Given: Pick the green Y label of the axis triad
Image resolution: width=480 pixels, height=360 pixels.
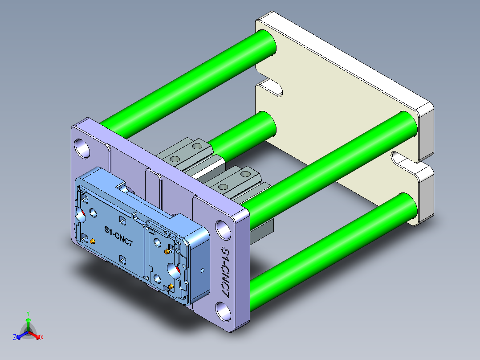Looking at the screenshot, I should [28, 313].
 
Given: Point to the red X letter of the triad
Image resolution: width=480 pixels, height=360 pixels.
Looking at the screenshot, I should [42, 338].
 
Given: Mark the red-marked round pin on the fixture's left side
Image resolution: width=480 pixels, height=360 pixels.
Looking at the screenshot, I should [81, 217].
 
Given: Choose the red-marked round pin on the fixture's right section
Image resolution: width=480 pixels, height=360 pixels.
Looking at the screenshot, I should [173, 270].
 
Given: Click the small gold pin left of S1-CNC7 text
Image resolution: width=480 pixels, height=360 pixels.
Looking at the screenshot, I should [92, 241].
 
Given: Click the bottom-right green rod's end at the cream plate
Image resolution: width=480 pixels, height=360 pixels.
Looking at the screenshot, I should [407, 208].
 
